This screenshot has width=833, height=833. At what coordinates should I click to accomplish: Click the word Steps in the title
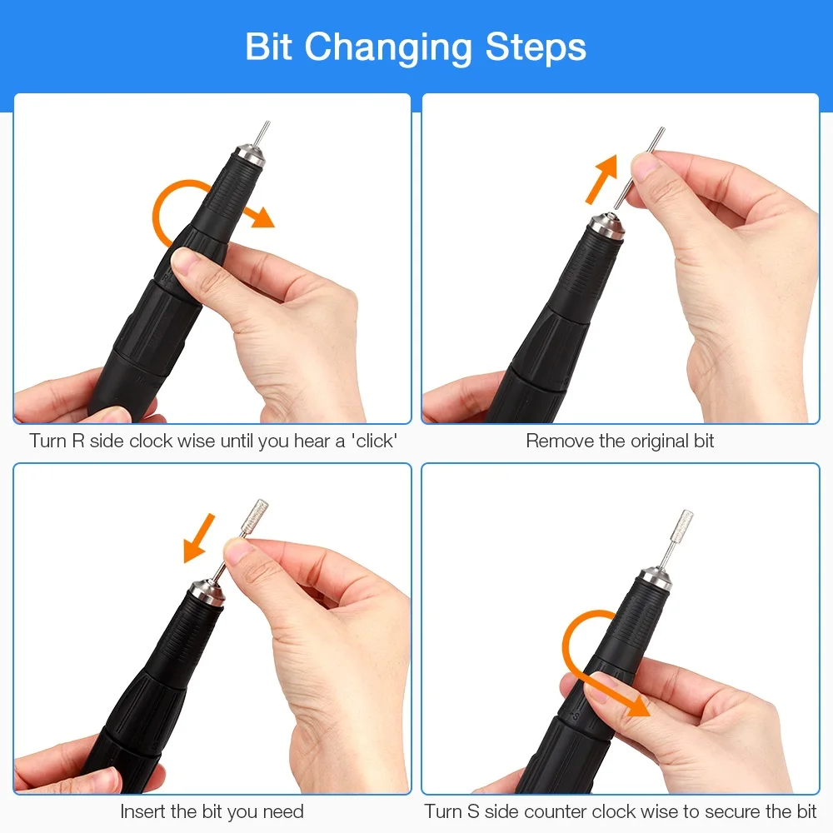(x=536, y=47)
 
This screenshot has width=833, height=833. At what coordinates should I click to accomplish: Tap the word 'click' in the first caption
(x=372, y=441)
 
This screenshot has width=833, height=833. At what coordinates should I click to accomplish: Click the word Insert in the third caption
(x=147, y=811)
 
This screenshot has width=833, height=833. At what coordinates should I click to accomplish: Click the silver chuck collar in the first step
(x=251, y=153)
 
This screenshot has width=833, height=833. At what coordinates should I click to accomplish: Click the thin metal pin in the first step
(x=263, y=132)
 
